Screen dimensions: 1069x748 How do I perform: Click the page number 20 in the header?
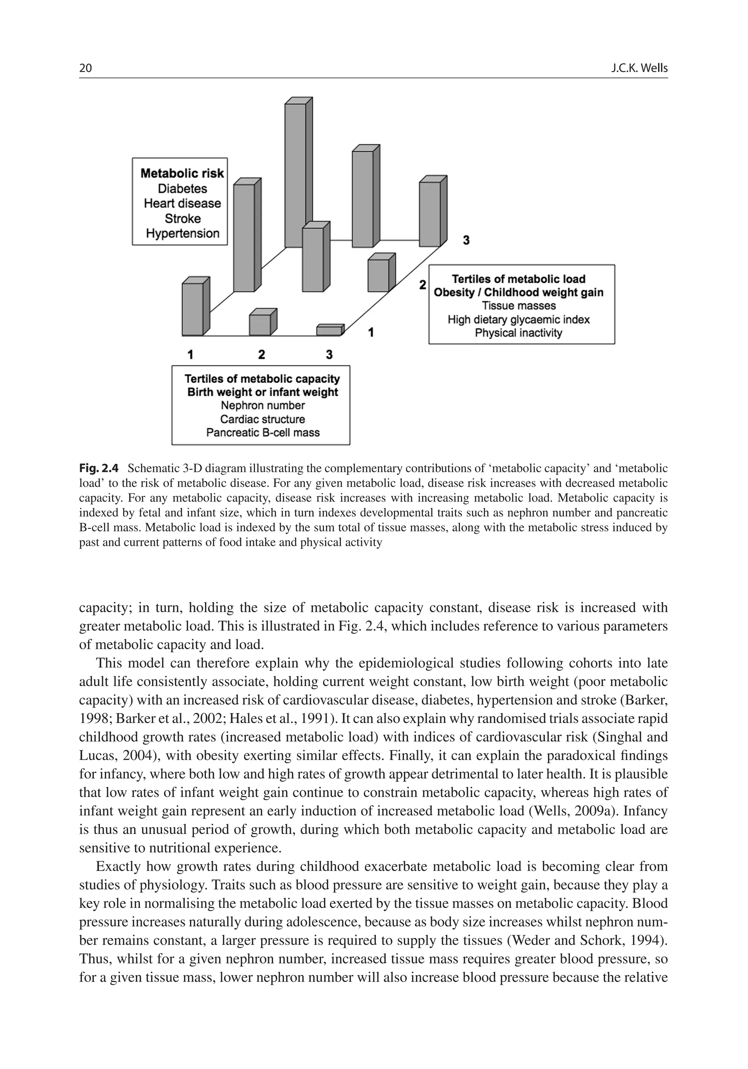(x=85, y=68)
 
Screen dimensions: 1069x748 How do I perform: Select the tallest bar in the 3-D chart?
(x=295, y=175)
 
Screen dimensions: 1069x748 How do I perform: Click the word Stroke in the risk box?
(x=183, y=218)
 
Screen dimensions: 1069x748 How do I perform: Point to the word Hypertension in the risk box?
(x=183, y=233)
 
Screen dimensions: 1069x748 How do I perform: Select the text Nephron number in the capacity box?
(x=263, y=405)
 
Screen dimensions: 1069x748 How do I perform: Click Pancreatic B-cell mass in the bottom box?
(x=263, y=433)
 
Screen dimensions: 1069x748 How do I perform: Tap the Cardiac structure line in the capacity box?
(x=263, y=419)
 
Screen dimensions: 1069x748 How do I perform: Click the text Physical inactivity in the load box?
(x=519, y=333)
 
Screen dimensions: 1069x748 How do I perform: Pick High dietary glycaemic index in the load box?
(x=519, y=319)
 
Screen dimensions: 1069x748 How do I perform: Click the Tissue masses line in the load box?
(x=519, y=306)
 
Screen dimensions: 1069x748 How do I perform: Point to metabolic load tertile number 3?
(x=466, y=240)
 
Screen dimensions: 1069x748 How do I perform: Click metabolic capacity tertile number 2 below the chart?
(x=262, y=355)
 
